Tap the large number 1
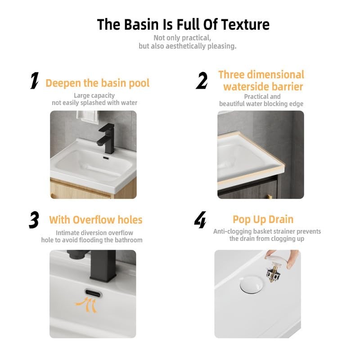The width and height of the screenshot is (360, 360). (35, 81)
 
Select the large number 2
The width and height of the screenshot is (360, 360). (202, 81)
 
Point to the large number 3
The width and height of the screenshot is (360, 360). (34, 220)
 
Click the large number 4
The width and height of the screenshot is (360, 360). (200, 220)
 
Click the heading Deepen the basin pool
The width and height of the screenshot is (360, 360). (98, 83)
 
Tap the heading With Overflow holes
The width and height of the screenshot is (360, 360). (96, 220)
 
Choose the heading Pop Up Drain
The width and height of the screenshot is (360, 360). (263, 220)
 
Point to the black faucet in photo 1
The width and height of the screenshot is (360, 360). (106, 139)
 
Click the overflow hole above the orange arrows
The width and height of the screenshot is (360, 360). (93, 293)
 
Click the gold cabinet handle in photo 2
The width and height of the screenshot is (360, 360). (269, 197)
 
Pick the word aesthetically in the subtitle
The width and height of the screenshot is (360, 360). (186, 46)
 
